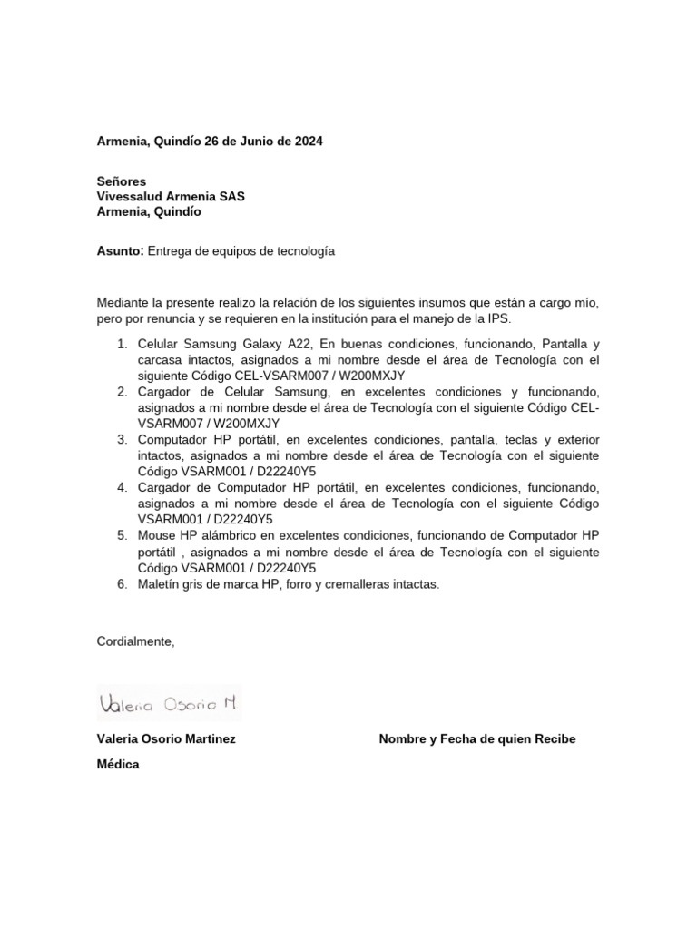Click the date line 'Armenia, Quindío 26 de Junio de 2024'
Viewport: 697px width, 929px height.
(209, 142)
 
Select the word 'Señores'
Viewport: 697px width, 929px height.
(122, 181)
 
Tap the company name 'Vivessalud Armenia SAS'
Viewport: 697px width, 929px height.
(171, 197)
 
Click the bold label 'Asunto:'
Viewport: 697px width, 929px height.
(120, 251)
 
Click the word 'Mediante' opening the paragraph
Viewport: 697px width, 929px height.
(123, 302)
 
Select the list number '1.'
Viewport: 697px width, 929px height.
(123, 345)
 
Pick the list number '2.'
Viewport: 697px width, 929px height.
(123, 393)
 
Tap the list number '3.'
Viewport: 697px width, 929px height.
(123, 440)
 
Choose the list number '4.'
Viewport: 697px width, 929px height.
(123, 487)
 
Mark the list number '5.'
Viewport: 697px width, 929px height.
(123, 535)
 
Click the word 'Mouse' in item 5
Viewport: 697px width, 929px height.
(156, 535)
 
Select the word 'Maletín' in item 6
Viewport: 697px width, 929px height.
(160, 584)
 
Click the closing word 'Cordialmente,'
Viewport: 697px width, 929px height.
(135, 641)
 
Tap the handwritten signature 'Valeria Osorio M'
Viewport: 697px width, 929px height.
(168, 703)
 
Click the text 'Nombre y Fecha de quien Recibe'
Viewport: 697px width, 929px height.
(476, 739)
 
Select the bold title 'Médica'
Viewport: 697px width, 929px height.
(118, 765)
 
